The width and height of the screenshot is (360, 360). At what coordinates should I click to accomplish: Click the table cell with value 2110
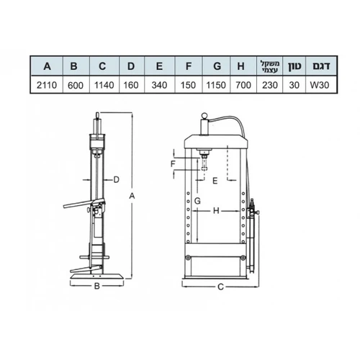click(47, 85)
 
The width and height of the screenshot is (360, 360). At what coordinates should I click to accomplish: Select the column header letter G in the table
click(217, 66)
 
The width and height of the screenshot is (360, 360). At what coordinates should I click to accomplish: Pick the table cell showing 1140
click(104, 85)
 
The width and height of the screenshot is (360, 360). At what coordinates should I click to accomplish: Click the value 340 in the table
click(159, 85)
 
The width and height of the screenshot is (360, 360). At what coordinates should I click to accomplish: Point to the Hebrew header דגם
click(321, 66)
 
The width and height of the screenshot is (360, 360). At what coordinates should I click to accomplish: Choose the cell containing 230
click(270, 85)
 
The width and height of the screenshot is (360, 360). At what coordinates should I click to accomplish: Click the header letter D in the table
click(131, 66)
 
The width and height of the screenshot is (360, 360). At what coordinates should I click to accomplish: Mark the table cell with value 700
click(243, 85)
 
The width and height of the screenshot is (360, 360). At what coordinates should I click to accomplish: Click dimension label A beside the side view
click(132, 196)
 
